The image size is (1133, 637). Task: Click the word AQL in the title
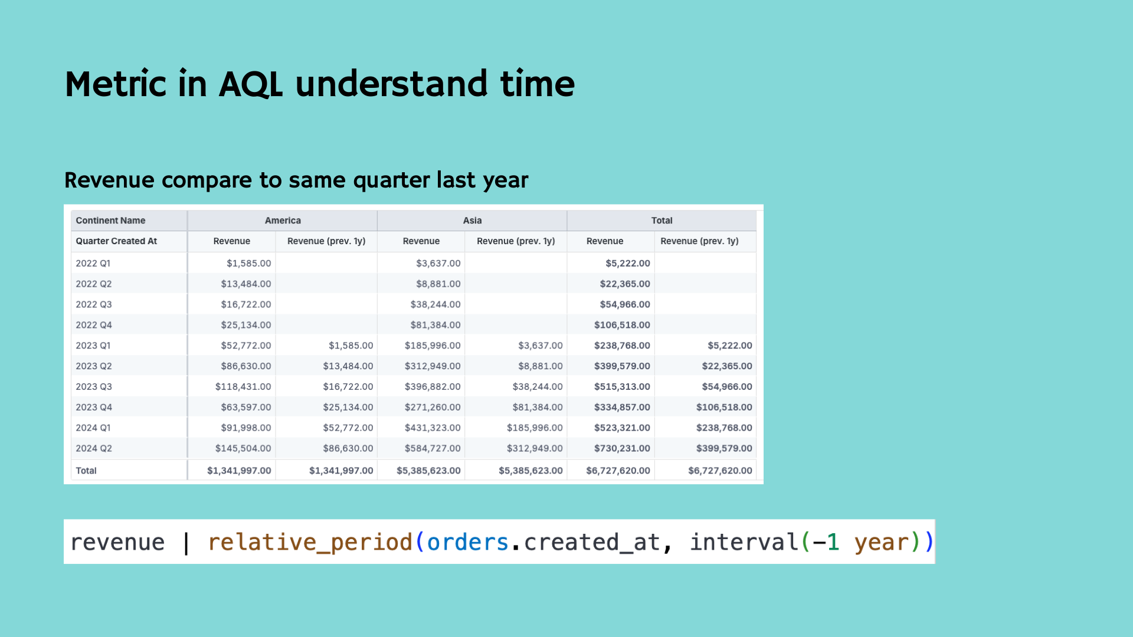click(251, 84)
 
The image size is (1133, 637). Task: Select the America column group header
click(283, 221)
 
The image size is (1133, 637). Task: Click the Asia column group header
click(472, 221)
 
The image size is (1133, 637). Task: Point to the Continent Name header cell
click(110, 221)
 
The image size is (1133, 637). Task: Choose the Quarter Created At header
click(116, 241)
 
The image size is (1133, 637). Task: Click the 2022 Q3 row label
click(94, 304)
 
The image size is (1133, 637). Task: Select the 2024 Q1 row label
click(93, 428)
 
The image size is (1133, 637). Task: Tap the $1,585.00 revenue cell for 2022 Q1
click(248, 263)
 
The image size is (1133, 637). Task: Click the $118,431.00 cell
click(243, 386)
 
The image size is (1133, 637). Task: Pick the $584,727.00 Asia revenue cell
click(433, 448)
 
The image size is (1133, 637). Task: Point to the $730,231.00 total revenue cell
click(622, 448)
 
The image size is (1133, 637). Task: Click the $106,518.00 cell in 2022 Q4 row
click(622, 325)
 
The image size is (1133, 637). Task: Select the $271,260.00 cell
click(433, 407)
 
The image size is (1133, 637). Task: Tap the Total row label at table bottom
click(86, 471)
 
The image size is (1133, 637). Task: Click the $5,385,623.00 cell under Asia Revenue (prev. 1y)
click(531, 471)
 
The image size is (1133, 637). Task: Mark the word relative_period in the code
click(310, 542)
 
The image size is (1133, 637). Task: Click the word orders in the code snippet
click(467, 542)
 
